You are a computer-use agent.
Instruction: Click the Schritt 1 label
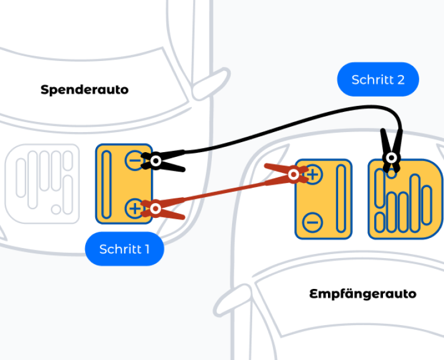point(124,249)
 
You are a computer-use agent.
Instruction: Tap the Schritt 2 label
point(378,79)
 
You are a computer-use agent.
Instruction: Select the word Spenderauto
point(85,90)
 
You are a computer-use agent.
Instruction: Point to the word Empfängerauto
point(363,294)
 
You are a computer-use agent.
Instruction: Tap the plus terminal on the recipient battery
point(313,174)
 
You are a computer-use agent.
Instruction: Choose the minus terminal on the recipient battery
point(313,223)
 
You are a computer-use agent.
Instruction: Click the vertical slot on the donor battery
point(107,184)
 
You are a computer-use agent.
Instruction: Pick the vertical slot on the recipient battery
point(340,198)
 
